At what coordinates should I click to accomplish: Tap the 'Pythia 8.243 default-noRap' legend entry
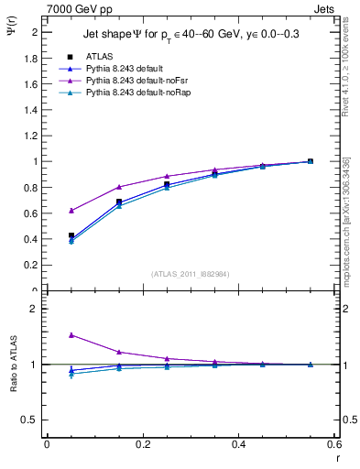pyautogui.click(x=133, y=93)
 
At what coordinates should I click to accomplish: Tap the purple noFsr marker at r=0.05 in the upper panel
pyautogui.click(x=71, y=211)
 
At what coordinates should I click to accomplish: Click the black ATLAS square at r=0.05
pyautogui.click(x=71, y=235)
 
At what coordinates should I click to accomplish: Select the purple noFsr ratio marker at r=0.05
pyautogui.click(x=71, y=335)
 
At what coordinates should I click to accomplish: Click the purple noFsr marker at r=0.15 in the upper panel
pyautogui.click(x=119, y=187)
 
